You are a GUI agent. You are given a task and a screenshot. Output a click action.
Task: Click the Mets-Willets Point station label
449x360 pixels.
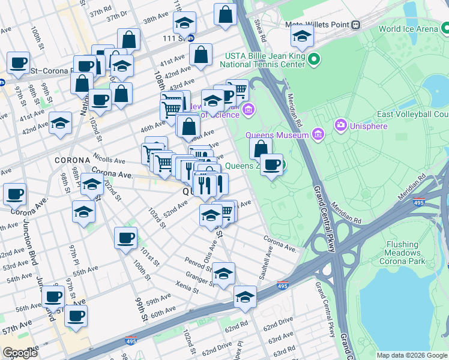(x=321, y=25)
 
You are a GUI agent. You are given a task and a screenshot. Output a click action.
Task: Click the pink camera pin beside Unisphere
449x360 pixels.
(x=341, y=125)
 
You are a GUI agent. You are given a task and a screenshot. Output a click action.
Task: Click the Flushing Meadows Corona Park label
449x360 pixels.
(x=394, y=253)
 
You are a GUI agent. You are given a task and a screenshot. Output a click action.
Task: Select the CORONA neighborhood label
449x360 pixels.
(x=72, y=161)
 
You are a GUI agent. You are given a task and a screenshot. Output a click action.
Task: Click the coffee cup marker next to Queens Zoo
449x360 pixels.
(x=271, y=164)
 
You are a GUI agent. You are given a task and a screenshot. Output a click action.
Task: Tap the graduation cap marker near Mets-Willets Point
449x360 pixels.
(x=302, y=36)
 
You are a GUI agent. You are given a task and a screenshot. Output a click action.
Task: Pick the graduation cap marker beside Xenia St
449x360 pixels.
(x=223, y=274)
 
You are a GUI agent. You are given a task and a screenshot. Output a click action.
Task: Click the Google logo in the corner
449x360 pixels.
(x=20, y=353)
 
